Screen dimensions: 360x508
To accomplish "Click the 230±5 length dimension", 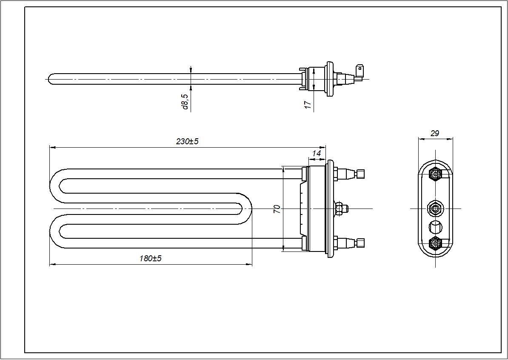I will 187,142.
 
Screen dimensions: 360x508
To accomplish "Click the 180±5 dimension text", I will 151,258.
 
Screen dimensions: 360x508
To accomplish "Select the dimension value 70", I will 277,209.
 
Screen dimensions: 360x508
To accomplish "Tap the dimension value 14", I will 316,153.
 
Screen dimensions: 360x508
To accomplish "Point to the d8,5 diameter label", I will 185,102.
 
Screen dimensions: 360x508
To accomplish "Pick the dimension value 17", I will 308,104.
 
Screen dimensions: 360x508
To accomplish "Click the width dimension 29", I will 434,133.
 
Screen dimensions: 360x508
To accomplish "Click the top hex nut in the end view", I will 435,174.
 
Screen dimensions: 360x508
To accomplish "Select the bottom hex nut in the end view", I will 435,243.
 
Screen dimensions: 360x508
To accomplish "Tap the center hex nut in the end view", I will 435,209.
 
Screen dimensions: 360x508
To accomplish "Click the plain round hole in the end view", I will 435,226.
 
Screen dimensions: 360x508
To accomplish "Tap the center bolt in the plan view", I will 341,209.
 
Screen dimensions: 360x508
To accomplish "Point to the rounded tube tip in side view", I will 50,79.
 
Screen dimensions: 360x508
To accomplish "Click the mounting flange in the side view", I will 329,79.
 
